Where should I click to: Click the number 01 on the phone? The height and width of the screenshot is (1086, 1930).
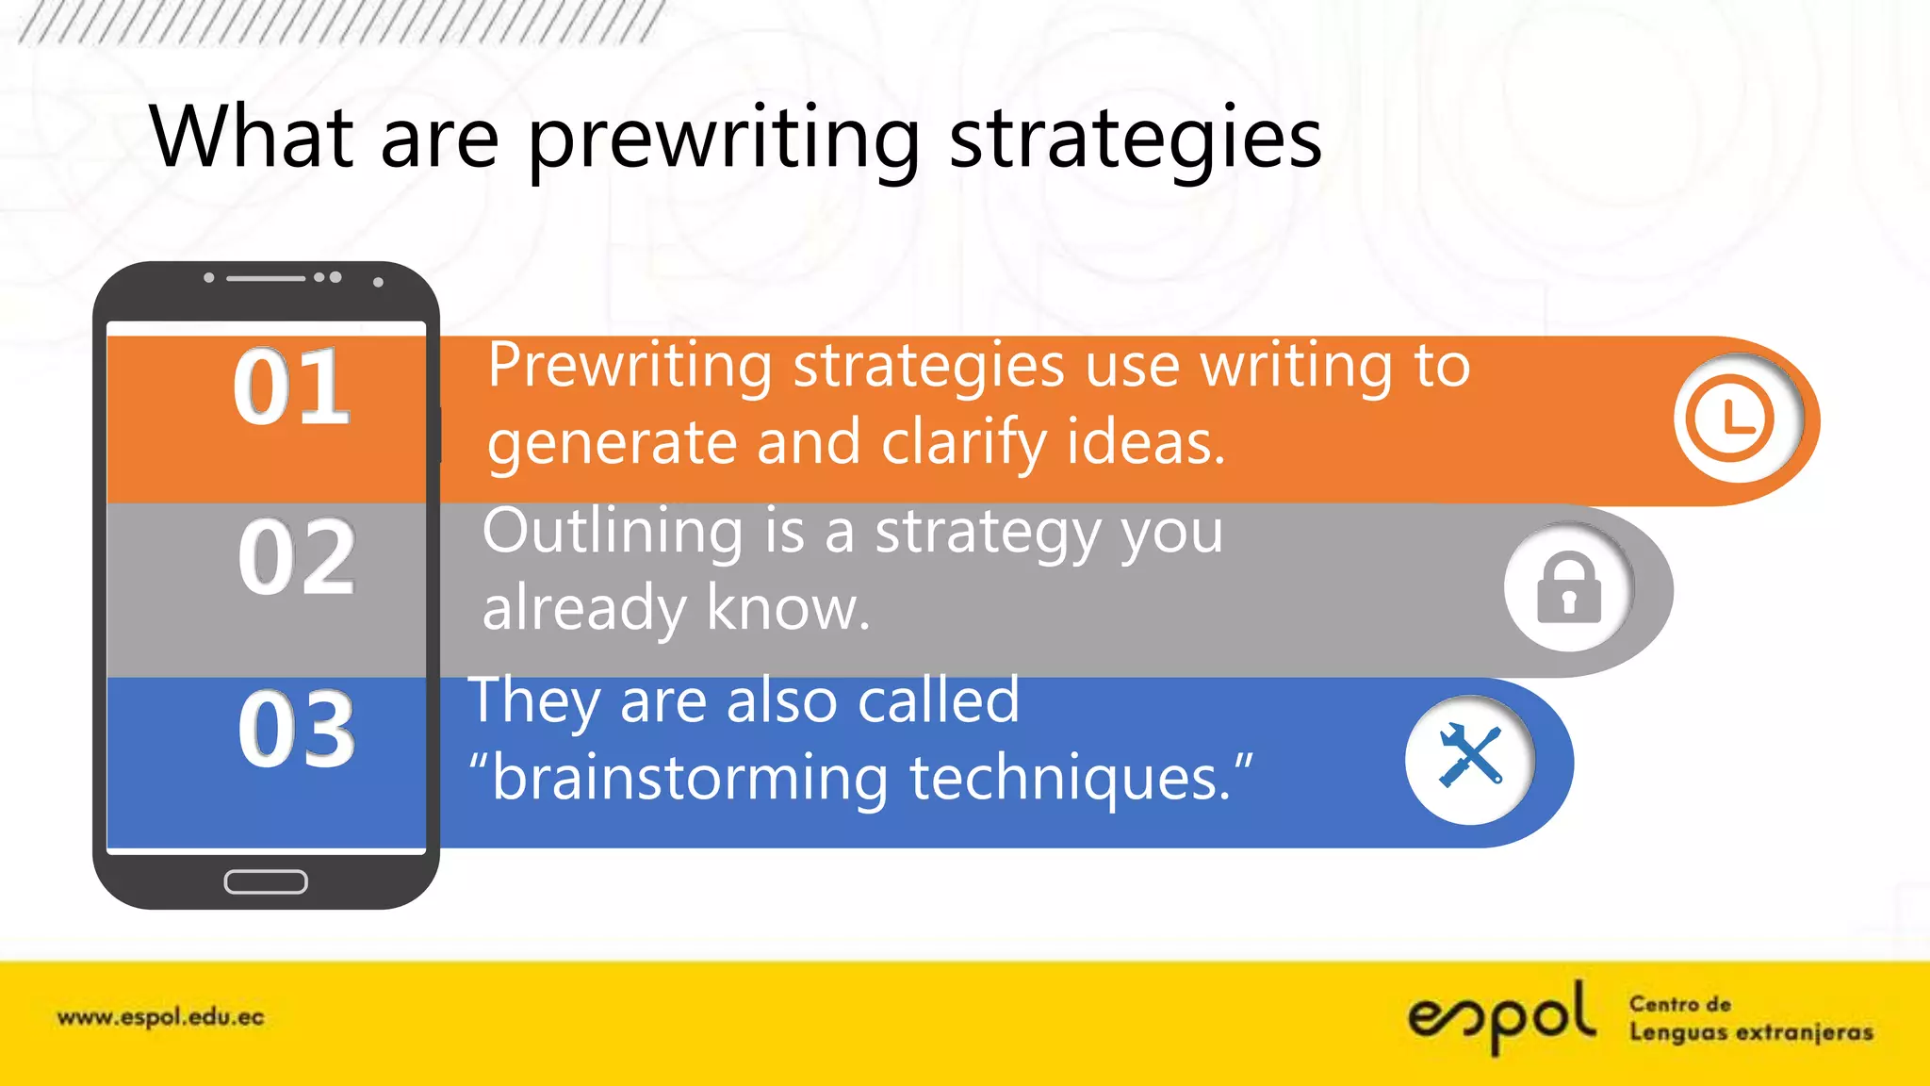point(292,387)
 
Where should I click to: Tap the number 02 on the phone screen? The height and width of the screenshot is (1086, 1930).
point(296,558)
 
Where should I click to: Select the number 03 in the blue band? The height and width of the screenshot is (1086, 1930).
point(297,729)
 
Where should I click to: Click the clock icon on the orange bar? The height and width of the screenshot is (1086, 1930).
point(1730,419)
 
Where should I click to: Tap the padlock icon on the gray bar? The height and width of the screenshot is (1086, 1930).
point(1568,588)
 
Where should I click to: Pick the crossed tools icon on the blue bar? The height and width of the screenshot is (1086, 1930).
point(1469,756)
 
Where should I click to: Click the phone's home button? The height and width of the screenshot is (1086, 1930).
point(266,881)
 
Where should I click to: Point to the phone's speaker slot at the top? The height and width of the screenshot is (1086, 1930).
point(266,278)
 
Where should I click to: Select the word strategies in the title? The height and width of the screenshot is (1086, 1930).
point(1135,140)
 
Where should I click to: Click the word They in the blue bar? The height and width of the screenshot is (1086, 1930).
point(535,701)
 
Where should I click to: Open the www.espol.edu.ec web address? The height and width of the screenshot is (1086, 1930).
point(161,1018)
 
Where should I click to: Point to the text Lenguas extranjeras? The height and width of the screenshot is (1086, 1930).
point(1751,1033)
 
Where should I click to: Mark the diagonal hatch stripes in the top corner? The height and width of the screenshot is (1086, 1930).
point(339,22)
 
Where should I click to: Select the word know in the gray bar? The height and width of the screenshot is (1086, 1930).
point(787,609)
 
